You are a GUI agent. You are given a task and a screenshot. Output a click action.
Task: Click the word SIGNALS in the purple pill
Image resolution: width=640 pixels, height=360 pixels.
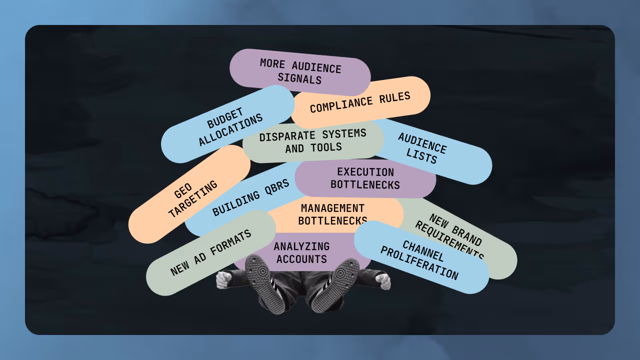pyautogui.click(x=299, y=78)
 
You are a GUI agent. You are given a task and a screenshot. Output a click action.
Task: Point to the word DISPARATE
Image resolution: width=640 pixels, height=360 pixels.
pyautogui.click(x=287, y=136)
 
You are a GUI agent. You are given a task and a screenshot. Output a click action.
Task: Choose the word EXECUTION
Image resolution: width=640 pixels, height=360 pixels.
pyautogui.click(x=365, y=172)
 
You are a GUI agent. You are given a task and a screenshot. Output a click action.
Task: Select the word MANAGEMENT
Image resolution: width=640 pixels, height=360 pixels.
pyautogui.click(x=332, y=208)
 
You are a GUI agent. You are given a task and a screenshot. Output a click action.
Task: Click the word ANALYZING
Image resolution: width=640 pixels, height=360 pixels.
pyautogui.click(x=301, y=246)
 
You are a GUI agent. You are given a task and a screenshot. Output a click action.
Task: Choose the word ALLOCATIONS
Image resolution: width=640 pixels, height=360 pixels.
pyautogui.click(x=230, y=130)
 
